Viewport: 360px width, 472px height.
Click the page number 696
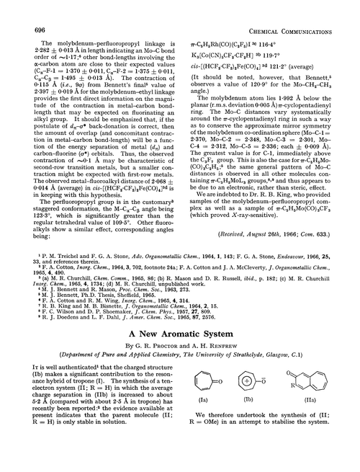[23, 11]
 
